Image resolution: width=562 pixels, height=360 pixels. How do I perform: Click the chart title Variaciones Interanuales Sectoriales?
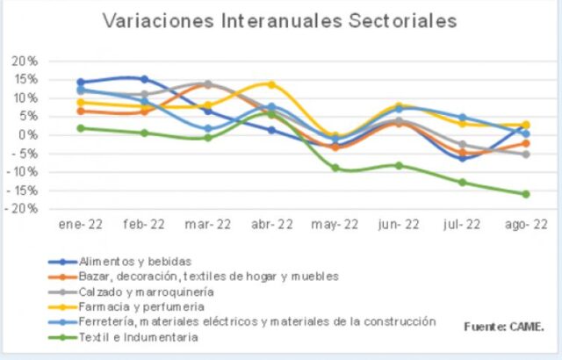(x=280, y=20)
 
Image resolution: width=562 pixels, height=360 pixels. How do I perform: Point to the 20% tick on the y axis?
(x=24, y=61)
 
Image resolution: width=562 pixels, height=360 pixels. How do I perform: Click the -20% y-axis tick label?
(x=22, y=208)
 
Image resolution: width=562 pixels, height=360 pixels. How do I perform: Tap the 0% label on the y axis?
(x=28, y=134)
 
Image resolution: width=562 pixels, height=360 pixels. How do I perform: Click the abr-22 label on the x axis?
(x=272, y=225)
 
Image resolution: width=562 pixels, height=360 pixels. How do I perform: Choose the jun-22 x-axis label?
(x=399, y=225)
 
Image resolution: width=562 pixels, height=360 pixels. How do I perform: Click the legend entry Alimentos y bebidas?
(x=134, y=260)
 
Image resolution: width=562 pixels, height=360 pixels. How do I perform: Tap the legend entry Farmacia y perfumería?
(x=141, y=306)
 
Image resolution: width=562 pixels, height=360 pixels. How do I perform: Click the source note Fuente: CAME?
(x=504, y=327)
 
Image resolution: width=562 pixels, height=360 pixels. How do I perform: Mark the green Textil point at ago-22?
(x=524, y=194)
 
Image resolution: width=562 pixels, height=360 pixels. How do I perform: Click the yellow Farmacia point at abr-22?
(x=271, y=84)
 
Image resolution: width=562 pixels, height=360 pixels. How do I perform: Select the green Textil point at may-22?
(x=335, y=167)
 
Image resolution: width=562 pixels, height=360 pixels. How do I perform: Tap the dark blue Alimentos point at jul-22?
(x=462, y=158)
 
